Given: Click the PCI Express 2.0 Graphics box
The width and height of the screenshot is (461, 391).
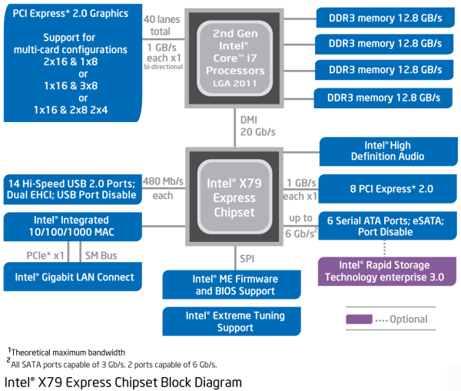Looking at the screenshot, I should (x=71, y=61).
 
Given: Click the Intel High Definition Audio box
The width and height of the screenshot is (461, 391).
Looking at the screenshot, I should (x=382, y=151).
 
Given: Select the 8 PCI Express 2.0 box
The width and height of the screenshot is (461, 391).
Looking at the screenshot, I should (x=382, y=188).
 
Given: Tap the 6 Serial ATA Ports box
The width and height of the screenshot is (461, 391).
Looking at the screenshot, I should (x=382, y=225).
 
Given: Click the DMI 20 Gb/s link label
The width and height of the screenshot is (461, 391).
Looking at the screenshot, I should (x=257, y=127).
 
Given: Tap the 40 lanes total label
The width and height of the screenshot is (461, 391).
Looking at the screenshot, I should (x=162, y=24).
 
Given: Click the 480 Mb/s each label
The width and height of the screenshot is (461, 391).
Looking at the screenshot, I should (x=163, y=188).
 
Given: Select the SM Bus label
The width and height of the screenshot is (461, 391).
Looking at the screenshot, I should (x=101, y=254).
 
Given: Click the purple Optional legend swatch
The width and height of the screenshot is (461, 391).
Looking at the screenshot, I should (x=358, y=319).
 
